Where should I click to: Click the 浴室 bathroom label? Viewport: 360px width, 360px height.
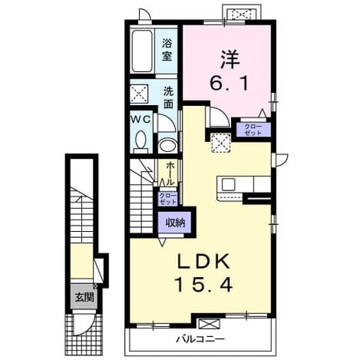click(167, 50)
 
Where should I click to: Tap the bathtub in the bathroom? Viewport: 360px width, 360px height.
click(141, 51)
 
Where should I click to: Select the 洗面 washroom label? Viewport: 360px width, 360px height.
click(168, 97)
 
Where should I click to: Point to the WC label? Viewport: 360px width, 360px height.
click(140, 120)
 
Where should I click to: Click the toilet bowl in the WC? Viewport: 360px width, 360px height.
click(140, 141)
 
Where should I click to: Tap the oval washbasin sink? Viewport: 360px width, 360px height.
click(167, 146)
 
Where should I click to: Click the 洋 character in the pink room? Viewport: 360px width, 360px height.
click(230, 60)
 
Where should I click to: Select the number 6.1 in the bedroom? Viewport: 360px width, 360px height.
click(229, 83)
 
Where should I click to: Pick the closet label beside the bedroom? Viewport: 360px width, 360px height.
click(253, 130)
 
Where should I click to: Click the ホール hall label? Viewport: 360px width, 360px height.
click(170, 174)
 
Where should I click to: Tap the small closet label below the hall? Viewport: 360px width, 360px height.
click(167, 199)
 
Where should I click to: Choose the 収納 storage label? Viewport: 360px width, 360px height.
click(175, 223)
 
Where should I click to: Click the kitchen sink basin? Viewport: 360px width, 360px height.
click(229, 184)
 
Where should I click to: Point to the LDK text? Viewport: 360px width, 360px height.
click(204, 262)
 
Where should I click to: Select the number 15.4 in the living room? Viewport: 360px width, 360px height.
click(203, 285)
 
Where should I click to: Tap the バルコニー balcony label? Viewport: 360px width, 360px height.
click(200, 339)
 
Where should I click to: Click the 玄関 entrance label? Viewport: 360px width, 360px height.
click(84, 297)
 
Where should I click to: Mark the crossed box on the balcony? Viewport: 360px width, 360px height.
click(209, 323)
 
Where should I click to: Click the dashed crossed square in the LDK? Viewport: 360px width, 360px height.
click(220, 143)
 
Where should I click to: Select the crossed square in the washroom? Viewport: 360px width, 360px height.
click(139, 94)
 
